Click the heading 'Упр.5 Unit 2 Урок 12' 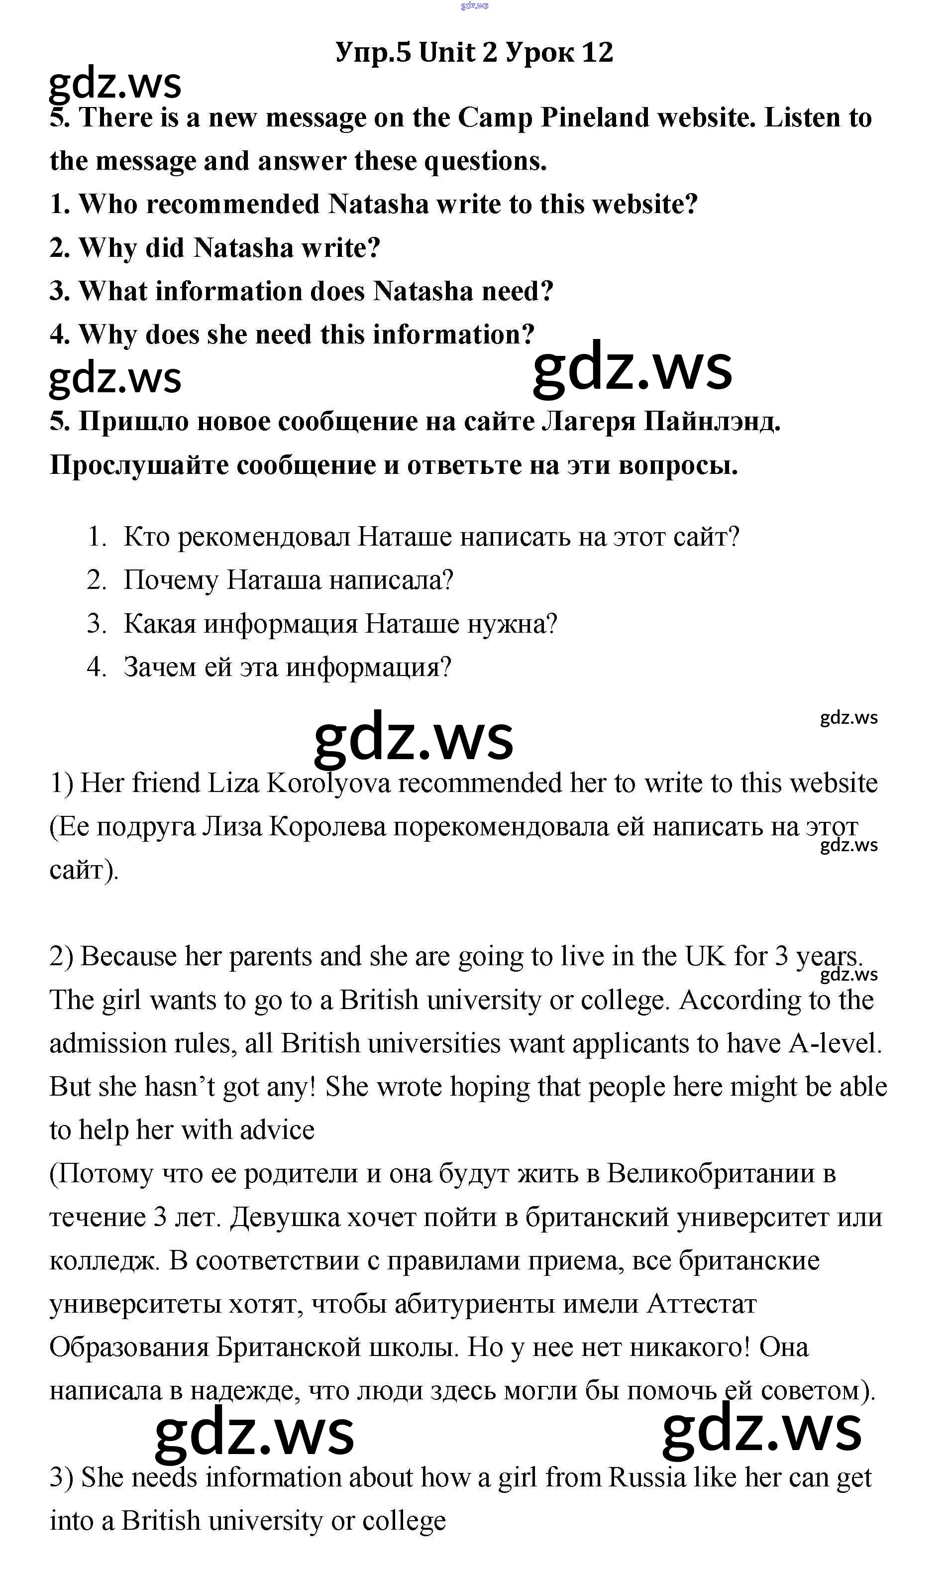click(x=474, y=52)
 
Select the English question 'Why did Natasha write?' click(x=215, y=248)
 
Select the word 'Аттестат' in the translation click(x=702, y=1305)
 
